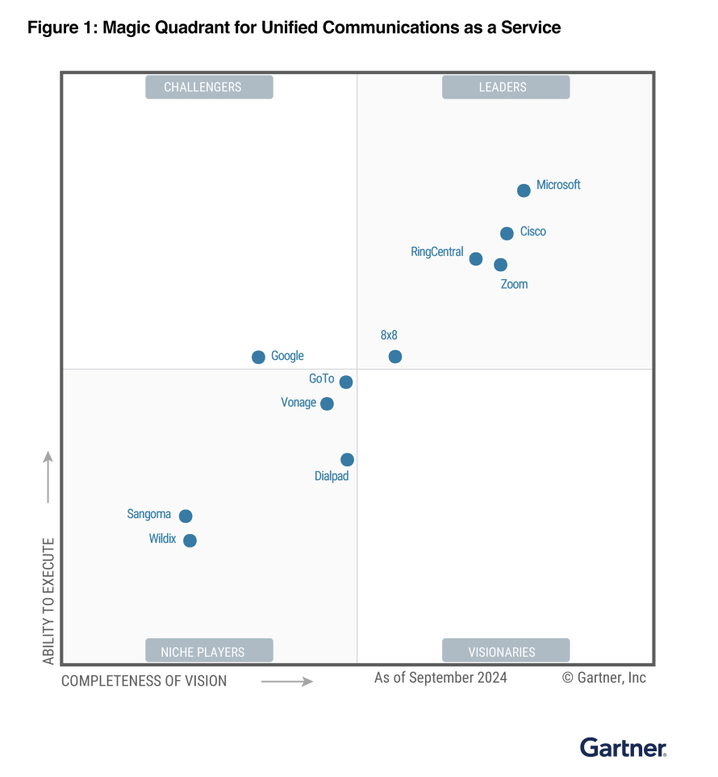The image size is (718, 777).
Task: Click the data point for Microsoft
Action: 524,190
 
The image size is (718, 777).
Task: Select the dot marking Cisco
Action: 507,233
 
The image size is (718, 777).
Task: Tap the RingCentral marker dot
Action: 476,259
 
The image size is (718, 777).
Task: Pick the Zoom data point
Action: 500,265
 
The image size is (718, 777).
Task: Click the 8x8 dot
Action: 394,357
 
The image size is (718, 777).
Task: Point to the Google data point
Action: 258,357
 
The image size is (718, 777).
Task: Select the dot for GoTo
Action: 345,382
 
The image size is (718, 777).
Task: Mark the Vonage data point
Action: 327,403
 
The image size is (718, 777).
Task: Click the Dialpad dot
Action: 347,460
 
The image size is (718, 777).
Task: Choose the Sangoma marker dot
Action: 186,516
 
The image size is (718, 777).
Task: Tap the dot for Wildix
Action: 190,541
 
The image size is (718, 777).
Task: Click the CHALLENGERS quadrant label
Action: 209,87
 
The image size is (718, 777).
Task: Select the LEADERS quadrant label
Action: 506,87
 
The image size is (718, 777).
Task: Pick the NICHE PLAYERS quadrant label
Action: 209,651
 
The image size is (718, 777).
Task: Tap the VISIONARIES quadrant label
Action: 506,651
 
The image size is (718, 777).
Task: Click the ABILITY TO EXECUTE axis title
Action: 48,601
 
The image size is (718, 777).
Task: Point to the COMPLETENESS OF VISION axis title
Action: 144,681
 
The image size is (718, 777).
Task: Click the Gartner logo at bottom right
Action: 623,748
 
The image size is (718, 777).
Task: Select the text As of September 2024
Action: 440,678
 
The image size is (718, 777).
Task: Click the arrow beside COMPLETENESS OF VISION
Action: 286,682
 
